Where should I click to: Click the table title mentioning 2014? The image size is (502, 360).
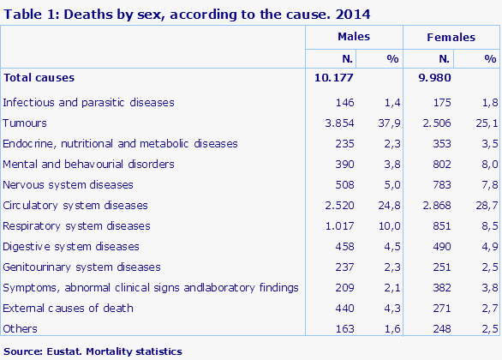pos(156,15)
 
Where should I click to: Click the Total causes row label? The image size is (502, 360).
pos(39,77)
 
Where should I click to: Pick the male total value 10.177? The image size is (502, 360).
pos(334,77)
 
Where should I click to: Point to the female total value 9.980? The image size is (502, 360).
pos(433,77)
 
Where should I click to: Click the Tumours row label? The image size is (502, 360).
pos(25,123)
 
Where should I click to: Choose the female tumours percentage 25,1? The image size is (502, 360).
pos(487,123)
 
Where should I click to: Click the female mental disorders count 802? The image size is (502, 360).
pos(439,164)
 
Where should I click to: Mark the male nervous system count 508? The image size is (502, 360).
pos(343,184)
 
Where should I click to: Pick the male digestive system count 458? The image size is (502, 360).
pos(343,246)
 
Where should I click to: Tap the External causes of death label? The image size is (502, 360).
pos(69,308)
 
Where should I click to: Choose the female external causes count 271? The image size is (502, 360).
pos(439,308)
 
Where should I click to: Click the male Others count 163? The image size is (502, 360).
pos(343,328)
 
